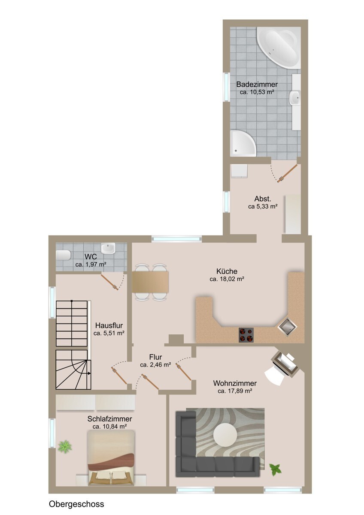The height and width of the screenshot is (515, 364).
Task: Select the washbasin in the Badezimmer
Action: click(295, 98)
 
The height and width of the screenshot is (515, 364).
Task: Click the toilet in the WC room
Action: click(63, 255)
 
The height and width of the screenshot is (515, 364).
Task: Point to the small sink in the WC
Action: click(108, 248)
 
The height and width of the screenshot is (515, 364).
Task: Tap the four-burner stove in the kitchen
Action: click(246, 335)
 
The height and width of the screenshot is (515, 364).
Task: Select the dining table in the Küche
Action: click(150, 282)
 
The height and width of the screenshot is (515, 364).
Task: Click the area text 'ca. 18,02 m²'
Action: click(227, 279)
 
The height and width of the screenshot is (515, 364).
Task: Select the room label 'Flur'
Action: click(155, 357)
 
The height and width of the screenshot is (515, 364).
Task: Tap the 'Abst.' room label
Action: click(263, 199)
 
